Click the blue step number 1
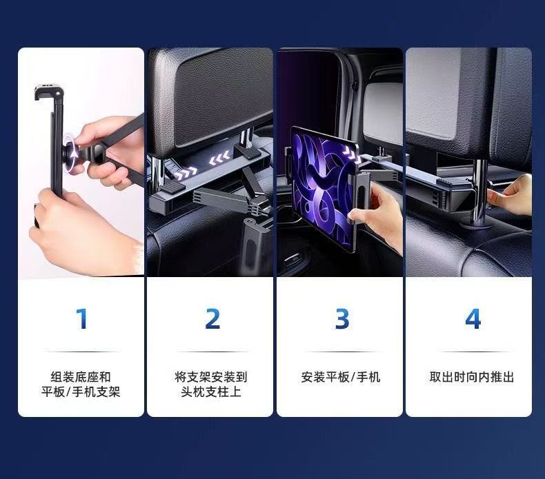pyautogui.click(x=82, y=318)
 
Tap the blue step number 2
pyautogui.click(x=212, y=318)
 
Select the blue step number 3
pyautogui.click(x=342, y=318)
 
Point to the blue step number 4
pyautogui.click(x=473, y=318)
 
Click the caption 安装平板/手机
pyautogui.click(x=341, y=377)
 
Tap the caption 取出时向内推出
pyautogui.click(x=472, y=377)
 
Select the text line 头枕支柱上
pyautogui.click(x=211, y=392)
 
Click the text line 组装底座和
pyautogui.click(x=81, y=377)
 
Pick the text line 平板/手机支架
pyautogui.click(x=81, y=392)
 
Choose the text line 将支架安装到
pyautogui.click(x=211, y=377)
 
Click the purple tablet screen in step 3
pyautogui.click(x=321, y=190)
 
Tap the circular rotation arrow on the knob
pyautogui.click(x=72, y=152)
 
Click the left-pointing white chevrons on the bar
pyautogui.click(x=219, y=158)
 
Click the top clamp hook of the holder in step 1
pyautogui.click(x=49, y=92)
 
